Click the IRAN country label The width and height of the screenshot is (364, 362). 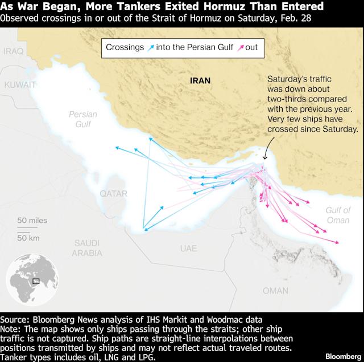(200, 81)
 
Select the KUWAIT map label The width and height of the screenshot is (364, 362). (20, 84)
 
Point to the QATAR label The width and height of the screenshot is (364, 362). (114, 194)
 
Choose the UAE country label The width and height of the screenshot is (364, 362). (188, 249)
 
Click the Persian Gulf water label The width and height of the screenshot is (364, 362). (83, 119)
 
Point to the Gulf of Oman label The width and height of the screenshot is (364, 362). (338, 215)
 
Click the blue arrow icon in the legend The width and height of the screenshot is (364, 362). (150, 47)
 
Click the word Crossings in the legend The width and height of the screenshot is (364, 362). (125, 47)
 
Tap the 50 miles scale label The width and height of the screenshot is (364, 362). (32, 220)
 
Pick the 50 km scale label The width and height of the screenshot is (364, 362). (28, 237)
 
